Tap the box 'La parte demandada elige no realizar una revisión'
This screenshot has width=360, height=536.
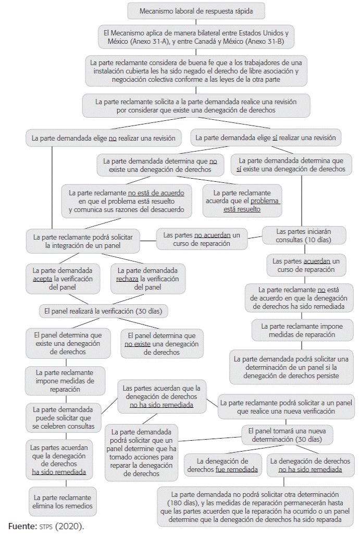click(x=104, y=139)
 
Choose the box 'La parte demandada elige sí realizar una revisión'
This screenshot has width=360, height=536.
click(x=266, y=138)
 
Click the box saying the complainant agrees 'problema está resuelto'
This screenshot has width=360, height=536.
click(x=242, y=201)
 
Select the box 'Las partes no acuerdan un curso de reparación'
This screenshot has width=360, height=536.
click(x=201, y=240)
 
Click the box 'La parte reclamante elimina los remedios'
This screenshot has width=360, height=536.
click(x=62, y=501)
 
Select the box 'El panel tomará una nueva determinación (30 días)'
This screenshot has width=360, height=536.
click(x=287, y=435)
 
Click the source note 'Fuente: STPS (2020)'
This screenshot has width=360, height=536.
click(x=46, y=526)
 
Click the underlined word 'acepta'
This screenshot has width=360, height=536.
click(x=42, y=279)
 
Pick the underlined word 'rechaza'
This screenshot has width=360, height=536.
click(x=128, y=279)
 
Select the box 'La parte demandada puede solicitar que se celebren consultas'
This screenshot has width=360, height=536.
click(x=62, y=418)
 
